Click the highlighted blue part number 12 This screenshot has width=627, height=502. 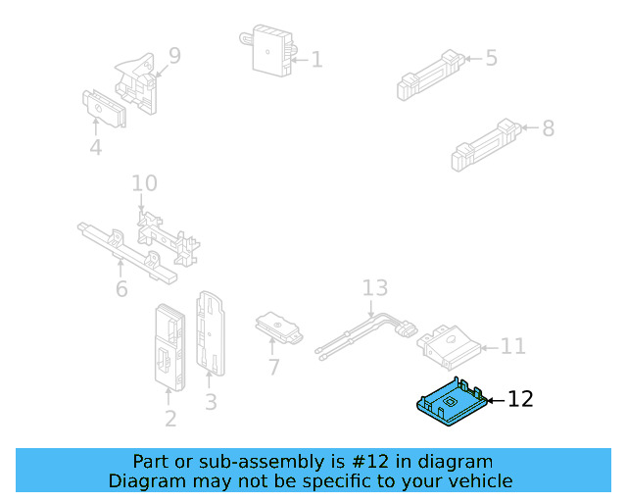tap(450, 403)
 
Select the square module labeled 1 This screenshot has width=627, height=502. tap(271, 50)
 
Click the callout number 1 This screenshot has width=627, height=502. tap(315, 60)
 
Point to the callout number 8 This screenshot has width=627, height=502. tap(547, 128)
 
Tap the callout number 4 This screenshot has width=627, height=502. tap(95, 148)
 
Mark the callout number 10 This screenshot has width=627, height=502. tap(144, 183)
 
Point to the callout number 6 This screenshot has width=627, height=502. tap(121, 289)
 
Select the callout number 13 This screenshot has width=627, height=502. tap(374, 288)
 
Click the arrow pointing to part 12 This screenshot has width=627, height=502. tap(496, 399)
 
